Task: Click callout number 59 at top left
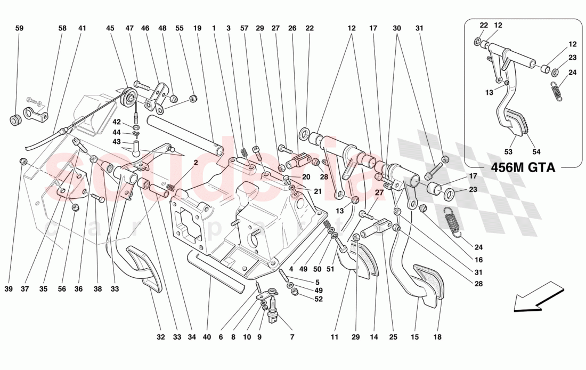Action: tap(19, 28)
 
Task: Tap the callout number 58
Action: tap(62, 28)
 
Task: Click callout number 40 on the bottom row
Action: tap(207, 337)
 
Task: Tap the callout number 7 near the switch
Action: tap(292, 337)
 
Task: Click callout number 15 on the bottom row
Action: tap(415, 337)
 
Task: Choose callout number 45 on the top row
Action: tap(110, 28)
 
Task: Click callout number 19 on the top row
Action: tap(197, 28)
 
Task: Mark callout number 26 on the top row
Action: tap(292, 28)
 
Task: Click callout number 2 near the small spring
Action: tap(196, 162)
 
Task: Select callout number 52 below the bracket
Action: tap(319, 300)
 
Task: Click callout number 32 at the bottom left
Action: tap(161, 337)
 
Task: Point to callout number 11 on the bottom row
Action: tap(334, 337)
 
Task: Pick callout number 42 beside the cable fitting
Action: tap(117, 122)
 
